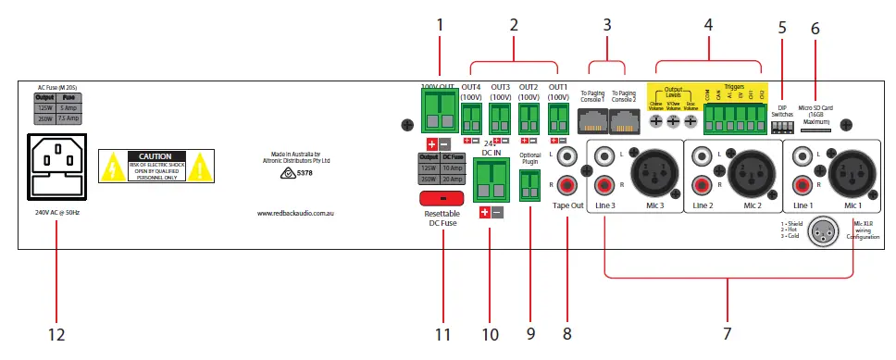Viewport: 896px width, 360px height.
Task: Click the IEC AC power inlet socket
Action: pyautogui.click(x=55, y=166)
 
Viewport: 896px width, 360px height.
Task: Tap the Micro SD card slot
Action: pyautogui.click(x=815, y=130)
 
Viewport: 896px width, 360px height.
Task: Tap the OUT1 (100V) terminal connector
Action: pyautogui.click(x=558, y=118)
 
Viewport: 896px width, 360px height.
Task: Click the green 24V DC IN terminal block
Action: pyautogui.click(x=490, y=179)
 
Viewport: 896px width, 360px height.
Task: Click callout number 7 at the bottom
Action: pyautogui.click(x=728, y=332)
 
